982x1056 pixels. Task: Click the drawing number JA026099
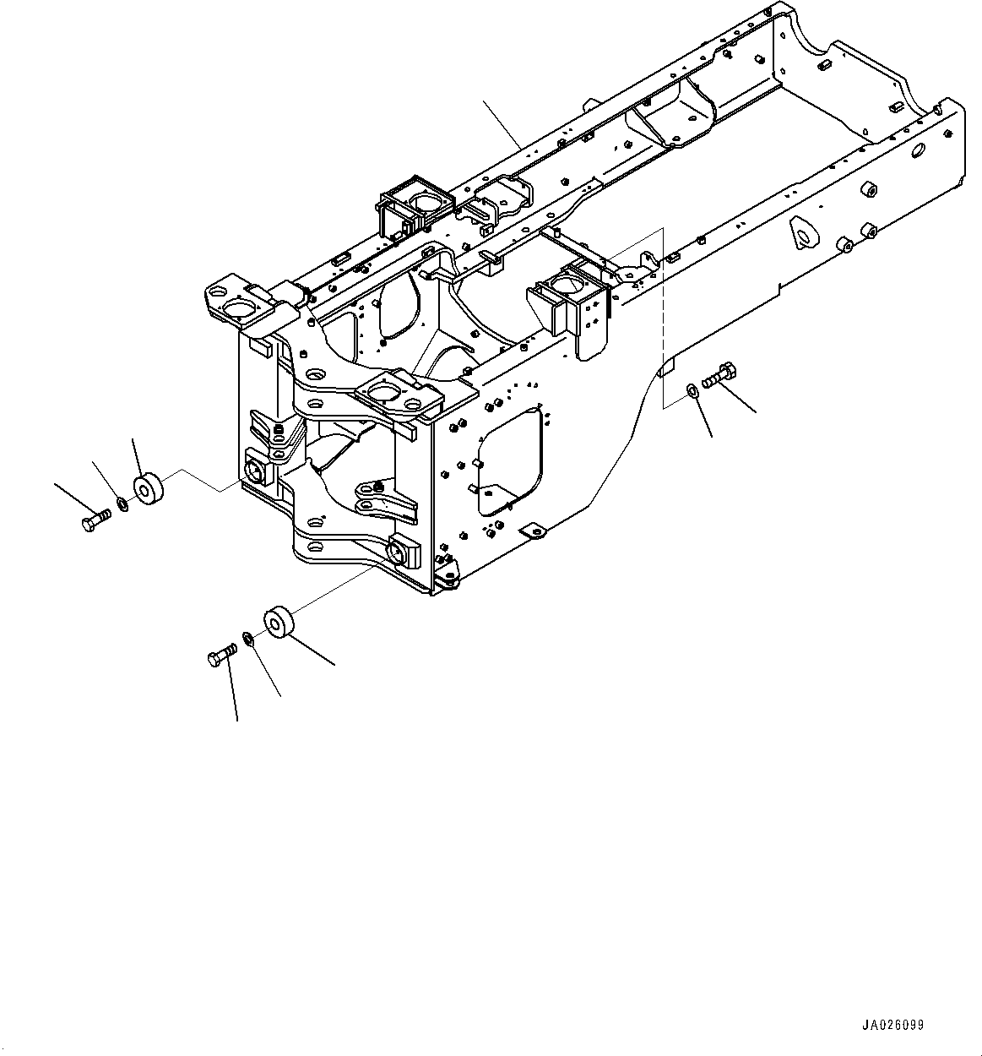coord(892,1025)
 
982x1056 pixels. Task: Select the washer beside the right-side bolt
coord(692,389)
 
